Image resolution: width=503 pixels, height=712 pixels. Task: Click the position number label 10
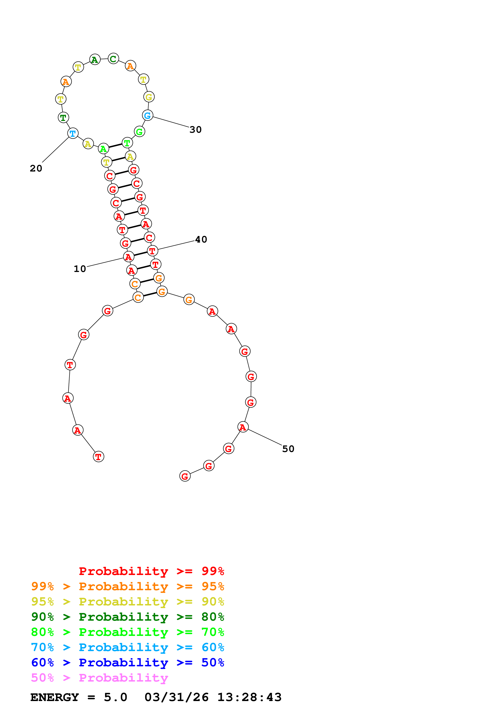(x=80, y=269)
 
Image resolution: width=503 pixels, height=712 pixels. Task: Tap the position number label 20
(x=36, y=168)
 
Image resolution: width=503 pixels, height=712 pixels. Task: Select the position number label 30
(x=196, y=130)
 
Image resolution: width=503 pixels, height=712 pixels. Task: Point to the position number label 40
(x=201, y=239)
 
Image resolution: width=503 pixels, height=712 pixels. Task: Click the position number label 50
(x=288, y=449)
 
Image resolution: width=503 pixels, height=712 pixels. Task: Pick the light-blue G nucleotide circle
(x=148, y=115)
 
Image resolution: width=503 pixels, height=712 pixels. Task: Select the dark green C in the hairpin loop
(x=113, y=59)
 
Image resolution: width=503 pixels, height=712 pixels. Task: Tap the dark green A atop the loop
(x=95, y=59)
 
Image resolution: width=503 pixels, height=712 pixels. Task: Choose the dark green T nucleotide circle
(x=63, y=118)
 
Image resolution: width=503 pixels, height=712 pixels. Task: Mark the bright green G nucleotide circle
(x=139, y=132)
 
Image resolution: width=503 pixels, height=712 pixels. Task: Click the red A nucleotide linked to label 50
(x=243, y=427)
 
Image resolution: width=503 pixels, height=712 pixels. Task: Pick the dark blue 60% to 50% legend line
(x=127, y=662)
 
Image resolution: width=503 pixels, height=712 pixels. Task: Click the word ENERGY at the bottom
(x=55, y=697)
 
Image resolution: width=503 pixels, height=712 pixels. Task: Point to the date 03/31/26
(x=176, y=697)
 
